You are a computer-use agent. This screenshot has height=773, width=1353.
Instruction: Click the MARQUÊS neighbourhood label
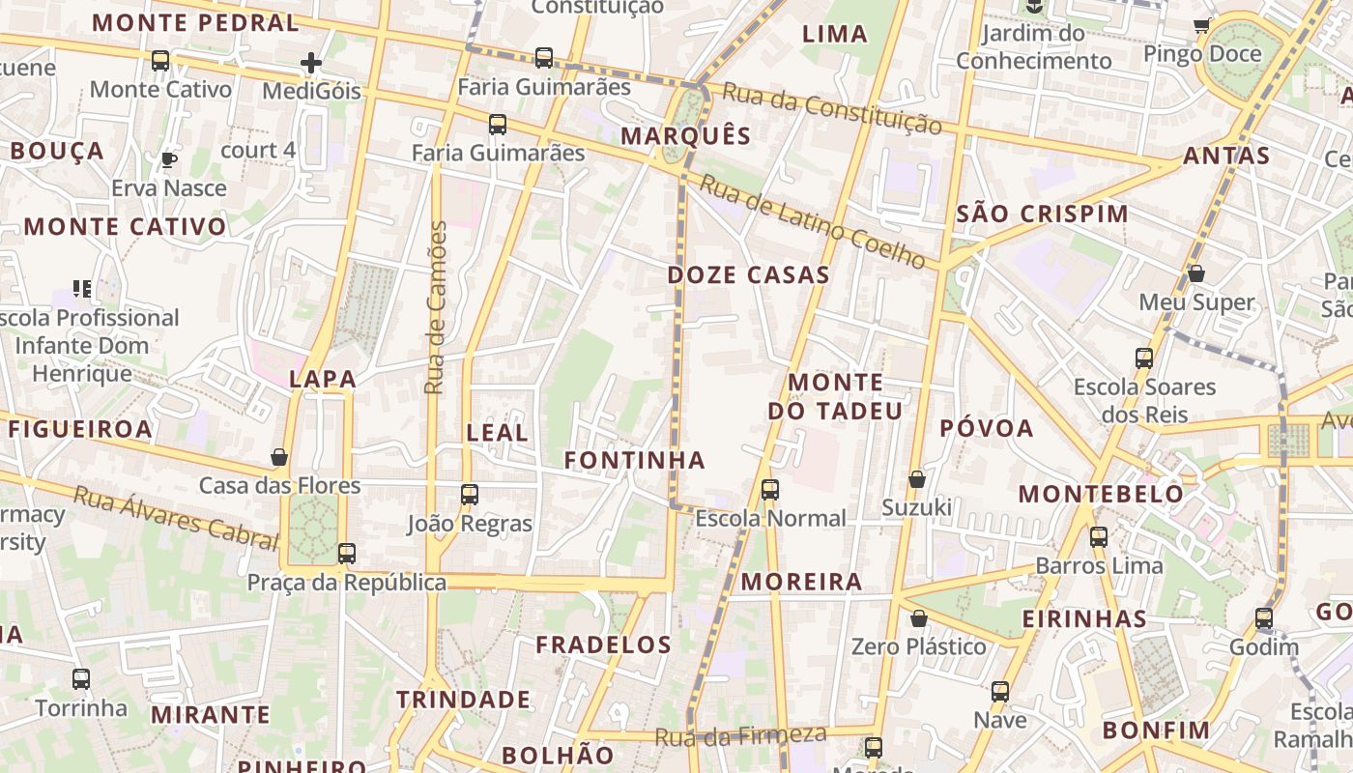(x=685, y=136)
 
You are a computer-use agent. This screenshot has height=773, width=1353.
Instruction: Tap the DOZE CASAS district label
(x=748, y=275)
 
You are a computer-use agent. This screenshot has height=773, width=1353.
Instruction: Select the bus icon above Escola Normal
(x=769, y=490)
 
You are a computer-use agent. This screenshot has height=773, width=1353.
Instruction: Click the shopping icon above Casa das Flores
(x=279, y=457)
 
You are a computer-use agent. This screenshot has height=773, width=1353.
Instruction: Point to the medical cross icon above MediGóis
(x=310, y=64)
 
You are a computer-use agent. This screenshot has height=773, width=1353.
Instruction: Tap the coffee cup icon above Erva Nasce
(x=169, y=159)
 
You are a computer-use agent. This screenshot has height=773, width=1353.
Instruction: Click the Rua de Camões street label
(x=436, y=307)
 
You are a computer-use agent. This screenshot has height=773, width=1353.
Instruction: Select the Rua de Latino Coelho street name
(x=812, y=222)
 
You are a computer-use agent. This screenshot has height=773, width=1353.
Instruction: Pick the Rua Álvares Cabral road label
(x=176, y=517)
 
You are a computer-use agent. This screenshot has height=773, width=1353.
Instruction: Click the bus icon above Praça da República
(x=346, y=554)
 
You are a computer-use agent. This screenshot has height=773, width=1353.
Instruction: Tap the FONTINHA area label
(x=634, y=461)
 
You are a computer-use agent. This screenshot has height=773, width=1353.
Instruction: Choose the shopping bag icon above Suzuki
(x=916, y=479)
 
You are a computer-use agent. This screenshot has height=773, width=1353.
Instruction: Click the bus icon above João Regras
(x=470, y=495)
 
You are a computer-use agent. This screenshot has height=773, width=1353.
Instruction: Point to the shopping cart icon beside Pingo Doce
(x=1201, y=26)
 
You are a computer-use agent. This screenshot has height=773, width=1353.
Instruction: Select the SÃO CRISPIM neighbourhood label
(x=1042, y=215)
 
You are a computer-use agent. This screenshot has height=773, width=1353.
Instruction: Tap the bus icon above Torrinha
(x=81, y=679)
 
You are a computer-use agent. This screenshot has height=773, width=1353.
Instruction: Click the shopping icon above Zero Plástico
(x=918, y=618)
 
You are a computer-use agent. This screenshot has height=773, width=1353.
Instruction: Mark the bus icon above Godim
(x=1263, y=618)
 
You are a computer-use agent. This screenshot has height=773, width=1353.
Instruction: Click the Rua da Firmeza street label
(x=740, y=735)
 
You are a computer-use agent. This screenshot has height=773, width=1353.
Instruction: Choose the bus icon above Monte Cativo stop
(x=160, y=61)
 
